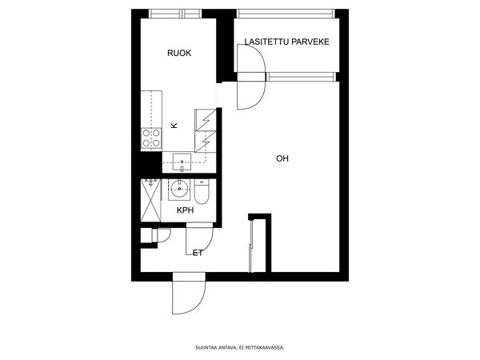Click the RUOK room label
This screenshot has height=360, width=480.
coord(179,53)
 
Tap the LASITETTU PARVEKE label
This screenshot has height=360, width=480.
coord(287,42)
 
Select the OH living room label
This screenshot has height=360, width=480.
coord(282,158)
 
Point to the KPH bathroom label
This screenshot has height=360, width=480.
coord(186,210)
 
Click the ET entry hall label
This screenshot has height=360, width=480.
coord(198,253)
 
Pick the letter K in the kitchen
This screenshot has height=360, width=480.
coord(174,126)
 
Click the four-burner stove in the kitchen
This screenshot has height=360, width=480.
coord(151,138)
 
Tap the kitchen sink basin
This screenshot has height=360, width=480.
coord(182,162)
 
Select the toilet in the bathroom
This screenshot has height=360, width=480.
coord(202,192)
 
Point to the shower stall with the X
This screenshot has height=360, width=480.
coord(150,200)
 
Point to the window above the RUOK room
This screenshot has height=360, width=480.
coord(175,14)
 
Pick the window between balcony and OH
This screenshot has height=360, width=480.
coord(301,77)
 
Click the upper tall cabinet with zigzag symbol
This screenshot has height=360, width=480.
coord(206,120)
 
